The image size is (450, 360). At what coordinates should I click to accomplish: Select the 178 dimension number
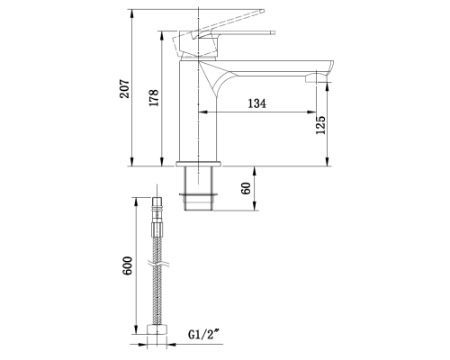coord(155,100)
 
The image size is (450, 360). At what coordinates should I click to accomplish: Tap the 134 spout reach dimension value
coord(256,104)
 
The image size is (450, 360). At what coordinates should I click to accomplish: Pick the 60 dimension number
coord(247,189)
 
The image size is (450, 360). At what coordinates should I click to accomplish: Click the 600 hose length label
coord(129,265)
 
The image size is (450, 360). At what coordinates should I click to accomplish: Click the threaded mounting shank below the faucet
coord(199,189)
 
